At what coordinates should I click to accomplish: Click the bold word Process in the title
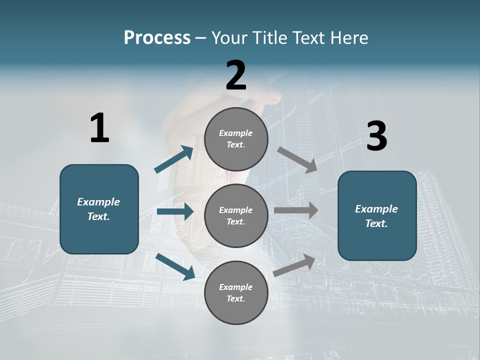(157, 38)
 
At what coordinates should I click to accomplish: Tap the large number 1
(99, 128)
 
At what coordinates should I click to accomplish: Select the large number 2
(236, 75)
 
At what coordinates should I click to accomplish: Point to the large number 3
(376, 136)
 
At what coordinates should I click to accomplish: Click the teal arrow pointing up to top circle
(174, 159)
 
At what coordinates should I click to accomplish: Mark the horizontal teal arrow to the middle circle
(175, 211)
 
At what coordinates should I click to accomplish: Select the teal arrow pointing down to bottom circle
(175, 266)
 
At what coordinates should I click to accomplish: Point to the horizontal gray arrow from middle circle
(296, 210)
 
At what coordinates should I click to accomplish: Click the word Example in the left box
(98, 202)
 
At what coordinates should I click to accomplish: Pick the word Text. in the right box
(376, 223)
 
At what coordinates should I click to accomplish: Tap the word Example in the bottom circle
(235, 287)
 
